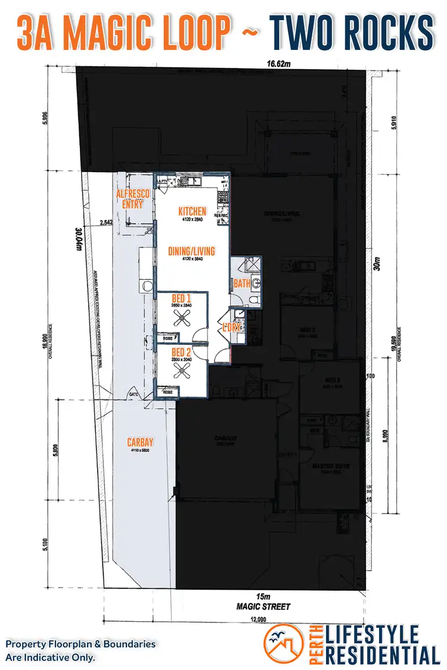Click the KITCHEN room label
(x=192, y=211)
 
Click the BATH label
(x=242, y=283)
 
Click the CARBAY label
(x=141, y=442)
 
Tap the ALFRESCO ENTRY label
(x=132, y=200)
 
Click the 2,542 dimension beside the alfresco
(x=107, y=222)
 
